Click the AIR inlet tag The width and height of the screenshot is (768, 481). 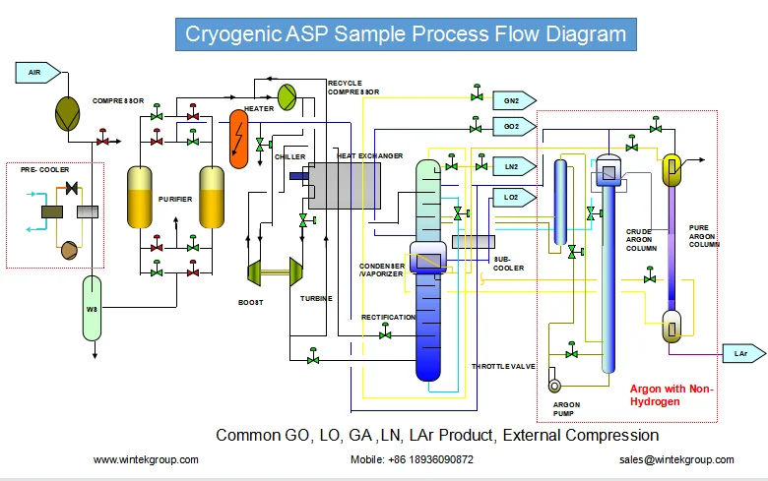(37, 73)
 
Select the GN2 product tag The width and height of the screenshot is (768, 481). (514, 100)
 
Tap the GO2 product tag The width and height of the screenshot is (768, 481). (514, 126)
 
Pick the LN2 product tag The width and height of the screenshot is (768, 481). (514, 167)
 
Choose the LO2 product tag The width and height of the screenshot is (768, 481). (514, 197)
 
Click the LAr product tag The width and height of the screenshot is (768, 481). (744, 353)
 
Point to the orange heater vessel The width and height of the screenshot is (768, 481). (239, 139)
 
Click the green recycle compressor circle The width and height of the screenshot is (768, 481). (288, 97)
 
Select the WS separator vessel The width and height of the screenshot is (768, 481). (93, 308)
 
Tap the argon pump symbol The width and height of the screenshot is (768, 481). (554, 386)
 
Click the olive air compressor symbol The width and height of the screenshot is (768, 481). (68, 114)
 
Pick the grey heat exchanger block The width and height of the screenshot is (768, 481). (345, 186)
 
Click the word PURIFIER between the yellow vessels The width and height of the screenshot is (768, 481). (175, 199)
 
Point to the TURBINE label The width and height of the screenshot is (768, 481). (316, 298)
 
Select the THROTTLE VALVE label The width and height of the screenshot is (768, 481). (503, 366)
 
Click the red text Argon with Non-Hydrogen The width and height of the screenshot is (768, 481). (672, 394)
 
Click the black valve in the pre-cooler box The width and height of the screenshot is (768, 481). (72, 188)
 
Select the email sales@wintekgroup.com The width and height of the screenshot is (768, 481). (676, 459)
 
